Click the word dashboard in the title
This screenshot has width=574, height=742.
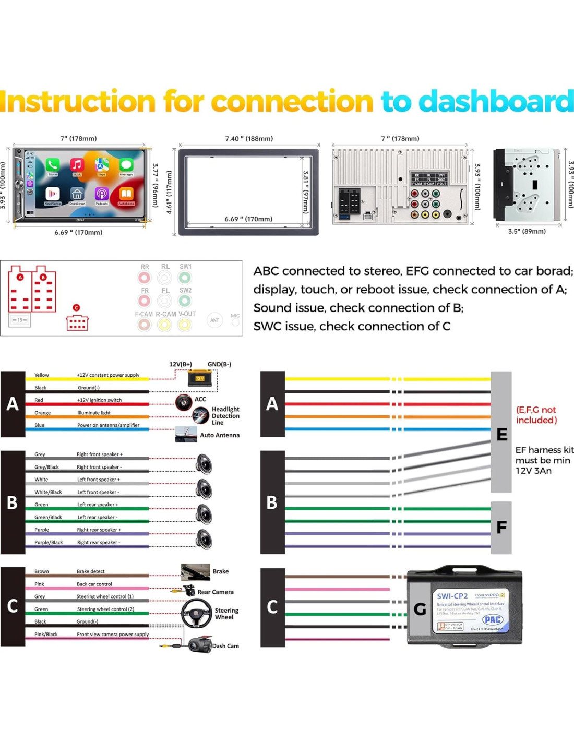coord(496,101)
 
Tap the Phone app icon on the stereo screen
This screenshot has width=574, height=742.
coord(52,165)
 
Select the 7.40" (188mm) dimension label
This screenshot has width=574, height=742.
coord(249,139)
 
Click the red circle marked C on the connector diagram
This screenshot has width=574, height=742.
coord(77,308)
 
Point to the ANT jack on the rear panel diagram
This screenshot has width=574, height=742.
coord(214,320)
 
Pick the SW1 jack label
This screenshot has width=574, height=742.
coord(185,267)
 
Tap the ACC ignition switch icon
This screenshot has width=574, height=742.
coord(184,402)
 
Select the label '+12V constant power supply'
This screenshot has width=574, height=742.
coord(108,375)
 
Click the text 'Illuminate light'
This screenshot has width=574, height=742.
coord(94,412)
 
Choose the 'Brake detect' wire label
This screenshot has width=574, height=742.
coord(90,571)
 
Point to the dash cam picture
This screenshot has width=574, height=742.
coord(199,645)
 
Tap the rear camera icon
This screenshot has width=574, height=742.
coord(188,591)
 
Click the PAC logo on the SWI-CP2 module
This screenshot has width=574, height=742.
coord(493,619)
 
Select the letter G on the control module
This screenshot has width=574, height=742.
coord(420,608)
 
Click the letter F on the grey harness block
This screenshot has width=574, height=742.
coord(501,528)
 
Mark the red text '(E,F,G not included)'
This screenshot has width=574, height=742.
coord(536,415)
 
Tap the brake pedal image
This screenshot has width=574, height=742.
coord(195,572)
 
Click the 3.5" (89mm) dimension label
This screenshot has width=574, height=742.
coord(527,231)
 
